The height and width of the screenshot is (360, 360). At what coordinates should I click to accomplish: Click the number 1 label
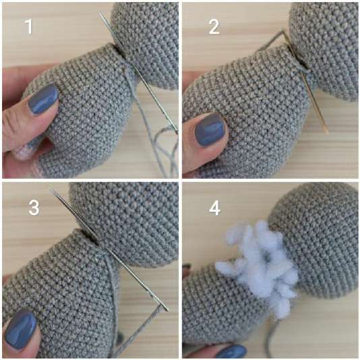(29, 27)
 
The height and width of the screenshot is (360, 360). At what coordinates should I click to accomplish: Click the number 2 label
(214, 27)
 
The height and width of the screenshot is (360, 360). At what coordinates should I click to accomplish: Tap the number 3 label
(34, 208)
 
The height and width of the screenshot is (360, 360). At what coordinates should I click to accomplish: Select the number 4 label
(214, 208)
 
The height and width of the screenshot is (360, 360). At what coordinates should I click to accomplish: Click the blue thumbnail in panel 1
(44, 99)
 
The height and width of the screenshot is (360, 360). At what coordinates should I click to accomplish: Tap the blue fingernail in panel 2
(210, 130)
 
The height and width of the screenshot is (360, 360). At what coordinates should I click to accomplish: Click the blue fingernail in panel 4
(232, 352)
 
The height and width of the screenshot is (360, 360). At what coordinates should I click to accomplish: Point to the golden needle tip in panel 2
(327, 132)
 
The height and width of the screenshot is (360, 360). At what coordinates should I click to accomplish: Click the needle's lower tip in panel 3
(167, 310)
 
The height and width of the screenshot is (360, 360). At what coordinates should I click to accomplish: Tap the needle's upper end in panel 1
(100, 13)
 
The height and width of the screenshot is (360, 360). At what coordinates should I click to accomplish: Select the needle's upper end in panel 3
(51, 189)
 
